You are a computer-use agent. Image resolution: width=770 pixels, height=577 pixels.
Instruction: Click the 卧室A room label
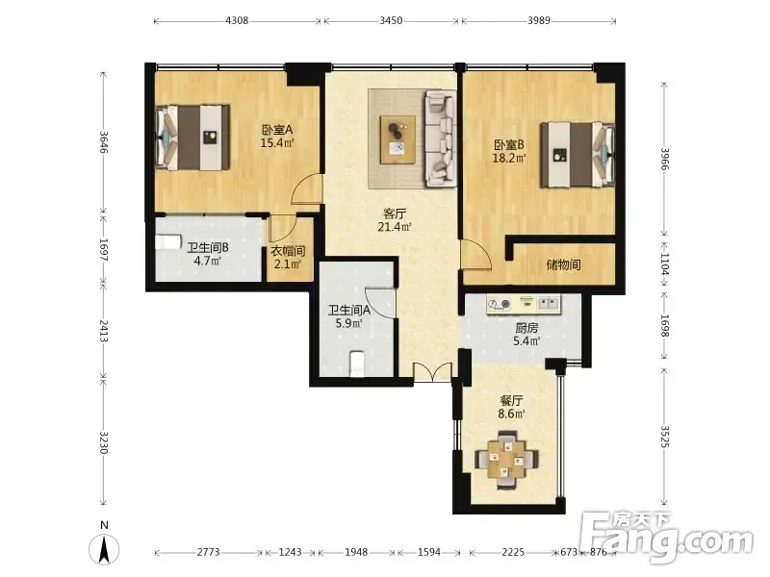tap(277, 130)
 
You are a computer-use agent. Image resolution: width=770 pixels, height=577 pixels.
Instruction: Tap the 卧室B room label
tap(509, 145)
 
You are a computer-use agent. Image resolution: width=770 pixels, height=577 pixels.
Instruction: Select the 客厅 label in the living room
tap(395, 213)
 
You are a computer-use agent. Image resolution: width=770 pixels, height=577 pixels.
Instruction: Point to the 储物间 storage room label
tap(563, 265)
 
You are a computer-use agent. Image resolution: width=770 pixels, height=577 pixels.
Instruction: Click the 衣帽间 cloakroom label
tap(288, 251)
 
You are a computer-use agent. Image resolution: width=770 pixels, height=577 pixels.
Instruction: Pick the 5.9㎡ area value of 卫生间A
tap(348, 323)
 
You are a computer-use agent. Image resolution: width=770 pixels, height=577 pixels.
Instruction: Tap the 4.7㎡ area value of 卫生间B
tap(207, 261)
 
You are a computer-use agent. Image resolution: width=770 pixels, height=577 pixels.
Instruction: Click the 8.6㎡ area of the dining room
tap(511, 414)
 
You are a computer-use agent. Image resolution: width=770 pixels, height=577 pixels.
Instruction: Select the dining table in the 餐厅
tap(506, 460)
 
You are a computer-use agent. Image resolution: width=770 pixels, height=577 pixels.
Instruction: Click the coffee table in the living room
tap(398, 139)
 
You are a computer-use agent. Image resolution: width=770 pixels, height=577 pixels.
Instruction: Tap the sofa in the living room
tap(441, 138)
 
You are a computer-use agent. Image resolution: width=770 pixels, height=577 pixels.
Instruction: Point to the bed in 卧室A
tap(192, 138)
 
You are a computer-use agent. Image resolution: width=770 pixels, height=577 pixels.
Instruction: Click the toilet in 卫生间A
tap(357, 364)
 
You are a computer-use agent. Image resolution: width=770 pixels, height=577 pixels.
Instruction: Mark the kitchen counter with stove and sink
tap(524, 304)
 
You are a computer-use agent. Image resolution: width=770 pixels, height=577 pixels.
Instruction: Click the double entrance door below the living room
tap(432, 372)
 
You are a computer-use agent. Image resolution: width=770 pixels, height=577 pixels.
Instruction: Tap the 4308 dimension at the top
tap(237, 20)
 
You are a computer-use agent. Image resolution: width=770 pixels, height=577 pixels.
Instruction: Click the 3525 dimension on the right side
tap(664, 437)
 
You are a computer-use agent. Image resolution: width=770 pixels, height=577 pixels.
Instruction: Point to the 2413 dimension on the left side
tap(104, 331)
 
